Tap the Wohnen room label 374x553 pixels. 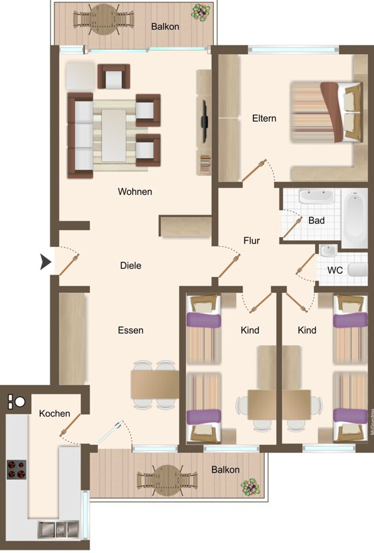pyautogui.click(x=135, y=192)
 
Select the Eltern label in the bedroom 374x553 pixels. pyautogui.click(x=264, y=118)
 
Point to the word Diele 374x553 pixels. pyautogui.click(x=131, y=265)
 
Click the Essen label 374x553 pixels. pyautogui.click(x=130, y=330)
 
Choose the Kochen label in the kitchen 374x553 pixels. pyautogui.click(x=55, y=414)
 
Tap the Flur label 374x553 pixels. pyautogui.click(x=252, y=240)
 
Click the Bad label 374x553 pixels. pyautogui.click(x=316, y=221)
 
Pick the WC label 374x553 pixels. pyautogui.click(x=335, y=270)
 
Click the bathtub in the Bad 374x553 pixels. pyautogui.click(x=356, y=218)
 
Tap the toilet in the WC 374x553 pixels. pyautogui.click(x=358, y=270)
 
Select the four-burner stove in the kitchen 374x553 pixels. pyautogui.click(x=17, y=469)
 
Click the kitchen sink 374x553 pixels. pyautogui.click(x=58, y=529)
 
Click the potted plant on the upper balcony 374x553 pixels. pyautogui.click(x=201, y=12)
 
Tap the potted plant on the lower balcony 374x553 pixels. pyautogui.click(x=251, y=487)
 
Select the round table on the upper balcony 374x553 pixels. pyautogui.click(x=103, y=19)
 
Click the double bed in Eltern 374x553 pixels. pyautogui.click(x=327, y=112)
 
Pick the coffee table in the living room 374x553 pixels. pyautogui.click(x=114, y=135)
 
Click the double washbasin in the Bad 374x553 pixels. pyautogui.click(x=316, y=197)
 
